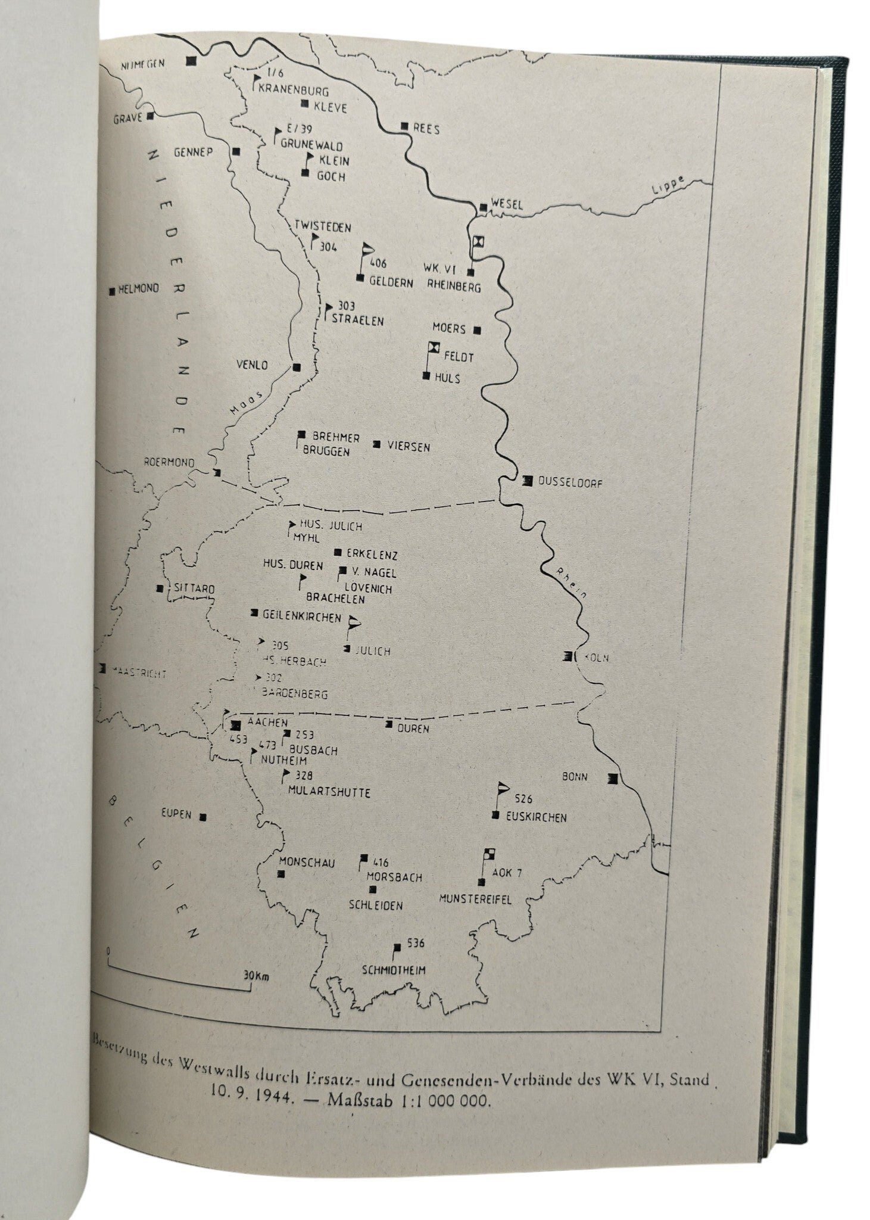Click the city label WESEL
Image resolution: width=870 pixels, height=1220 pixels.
coord(507,204)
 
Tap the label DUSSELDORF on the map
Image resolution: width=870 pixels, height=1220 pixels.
coord(570,483)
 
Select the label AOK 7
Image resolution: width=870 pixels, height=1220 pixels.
coord(507,873)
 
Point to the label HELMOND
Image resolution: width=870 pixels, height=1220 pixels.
coord(139,288)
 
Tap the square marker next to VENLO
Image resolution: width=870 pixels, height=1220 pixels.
coord(297,366)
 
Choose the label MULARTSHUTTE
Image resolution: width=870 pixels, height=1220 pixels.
coord(329,792)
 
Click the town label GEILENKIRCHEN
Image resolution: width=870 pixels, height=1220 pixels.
coord(302,617)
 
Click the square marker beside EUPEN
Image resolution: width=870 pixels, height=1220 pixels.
coord(204,816)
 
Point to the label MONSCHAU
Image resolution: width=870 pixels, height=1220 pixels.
coord(307,862)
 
